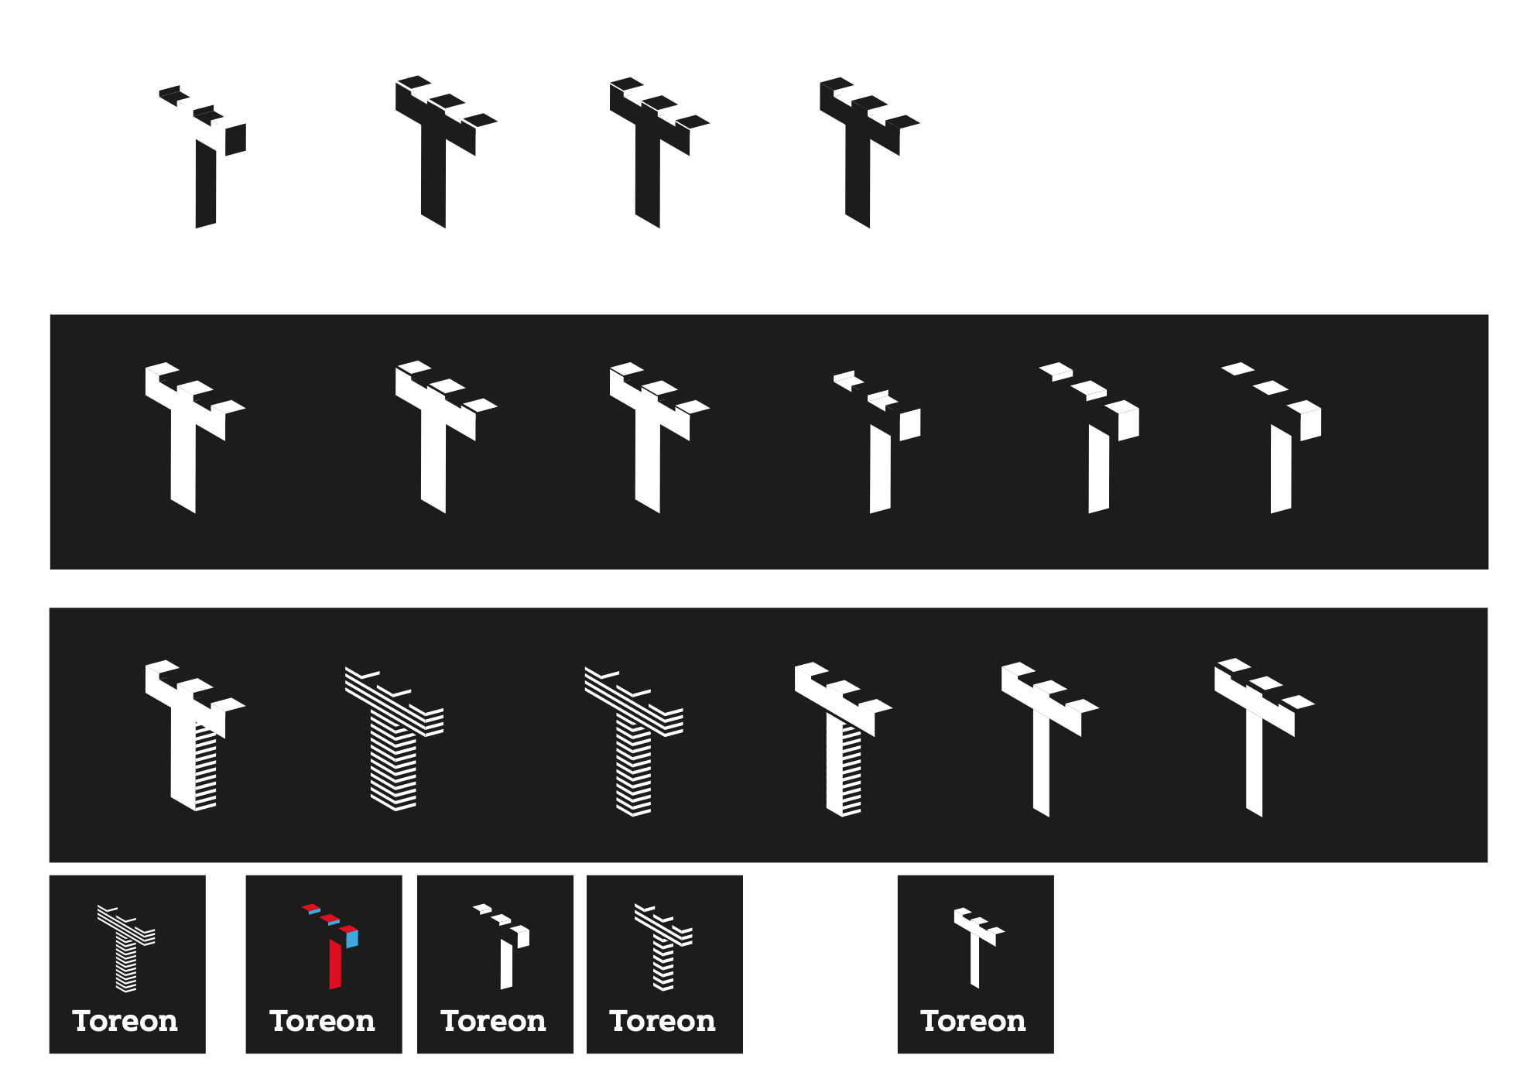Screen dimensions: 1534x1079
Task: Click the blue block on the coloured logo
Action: coord(352,939)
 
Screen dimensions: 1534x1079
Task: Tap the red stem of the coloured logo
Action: coord(335,964)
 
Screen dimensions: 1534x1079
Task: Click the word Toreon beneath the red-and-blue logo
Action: coord(322,1021)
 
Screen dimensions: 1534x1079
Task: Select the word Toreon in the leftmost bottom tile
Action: coord(125,1021)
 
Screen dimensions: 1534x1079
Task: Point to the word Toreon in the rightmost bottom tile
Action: coord(973,1021)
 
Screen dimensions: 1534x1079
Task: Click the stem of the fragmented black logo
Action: coord(205,184)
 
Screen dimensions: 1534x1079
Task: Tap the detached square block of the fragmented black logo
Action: coord(235,139)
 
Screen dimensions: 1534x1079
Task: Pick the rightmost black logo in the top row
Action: coord(869,152)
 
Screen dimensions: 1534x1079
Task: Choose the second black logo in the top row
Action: coord(446,152)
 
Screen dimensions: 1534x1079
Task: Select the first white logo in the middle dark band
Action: coord(195,437)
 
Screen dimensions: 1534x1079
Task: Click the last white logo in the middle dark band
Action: coord(1272,437)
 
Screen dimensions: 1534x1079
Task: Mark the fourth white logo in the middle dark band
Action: coord(877,441)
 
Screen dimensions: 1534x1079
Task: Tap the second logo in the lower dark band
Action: coord(394,738)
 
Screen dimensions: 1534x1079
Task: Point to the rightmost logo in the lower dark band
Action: coord(1265,738)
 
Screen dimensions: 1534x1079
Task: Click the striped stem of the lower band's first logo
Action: coord(205,766)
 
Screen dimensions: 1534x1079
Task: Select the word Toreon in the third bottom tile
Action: coord(493,1021)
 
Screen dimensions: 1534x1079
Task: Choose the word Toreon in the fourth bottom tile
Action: coord(663,1021)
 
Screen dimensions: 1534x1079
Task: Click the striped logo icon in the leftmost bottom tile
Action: coord(126,948)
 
